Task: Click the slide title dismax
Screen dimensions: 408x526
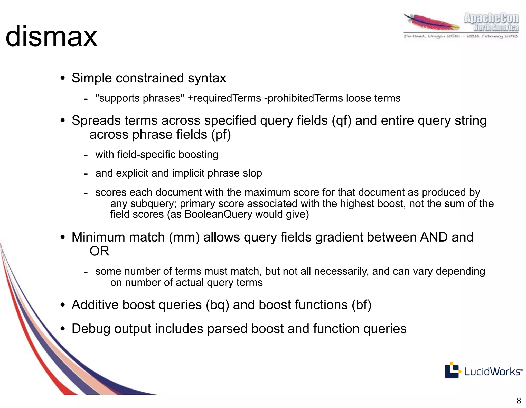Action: pos(51,37)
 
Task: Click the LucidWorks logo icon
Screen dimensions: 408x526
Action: pos(452,370)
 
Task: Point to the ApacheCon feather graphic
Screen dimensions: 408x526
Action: pos(431,23)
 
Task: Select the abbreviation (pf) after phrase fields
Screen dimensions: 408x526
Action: pos(221,135)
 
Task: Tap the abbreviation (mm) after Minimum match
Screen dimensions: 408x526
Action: pos(184,237)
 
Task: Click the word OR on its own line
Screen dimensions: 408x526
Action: pos(99,251)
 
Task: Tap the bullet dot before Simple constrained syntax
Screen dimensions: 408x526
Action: pos(62,78)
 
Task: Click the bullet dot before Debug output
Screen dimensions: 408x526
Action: pos(62,329)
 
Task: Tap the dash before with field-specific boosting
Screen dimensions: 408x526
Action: pos(86,155)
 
